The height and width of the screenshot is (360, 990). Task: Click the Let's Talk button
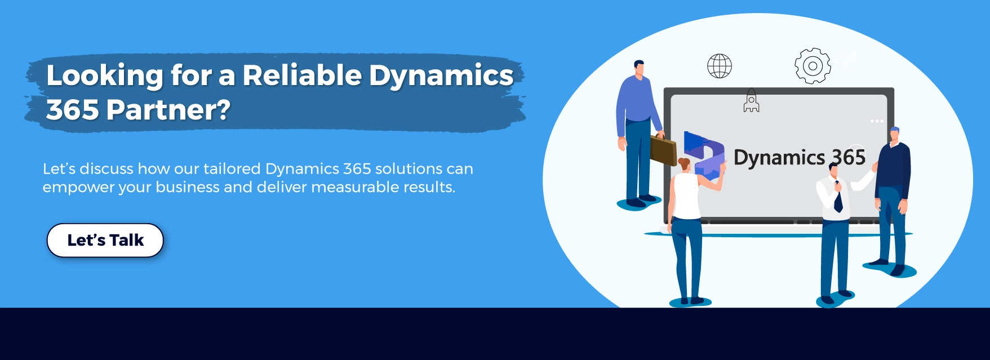click(x=105, y=241)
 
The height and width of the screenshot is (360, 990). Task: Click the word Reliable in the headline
click(x=302, y=75)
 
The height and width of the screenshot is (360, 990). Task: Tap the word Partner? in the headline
click(x=168, y=110)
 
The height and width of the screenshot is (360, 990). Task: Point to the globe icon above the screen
click(x=720, y=66)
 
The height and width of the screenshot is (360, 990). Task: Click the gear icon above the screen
click(x=813, y=66)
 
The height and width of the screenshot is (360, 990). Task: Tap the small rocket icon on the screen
click(x=751, y=100)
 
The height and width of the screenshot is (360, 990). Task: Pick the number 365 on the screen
click(x=849, y=157)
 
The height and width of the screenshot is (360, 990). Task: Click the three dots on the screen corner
click(x=877, y=121)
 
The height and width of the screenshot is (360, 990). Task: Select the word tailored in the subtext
click(x=232, y=169)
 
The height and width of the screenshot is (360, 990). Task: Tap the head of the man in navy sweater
click(x=895, y=135)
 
